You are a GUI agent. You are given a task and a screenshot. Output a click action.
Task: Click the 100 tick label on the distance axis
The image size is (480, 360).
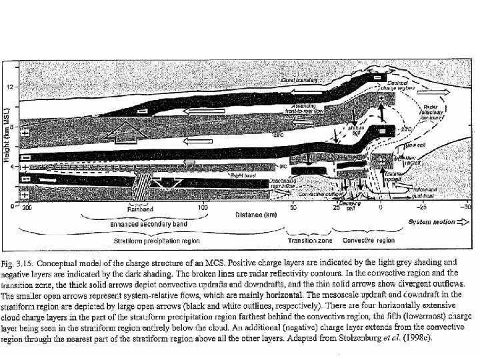click(204, 208)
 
